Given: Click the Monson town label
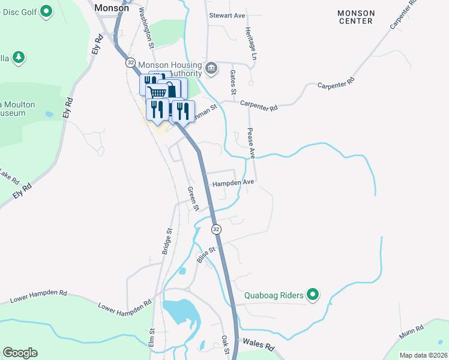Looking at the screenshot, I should click(x=112, y=8).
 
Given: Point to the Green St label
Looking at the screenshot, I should click(x=193, y=199).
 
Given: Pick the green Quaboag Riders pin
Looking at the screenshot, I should click(x=312, y=295).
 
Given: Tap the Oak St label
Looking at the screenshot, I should click(x=224, y=344).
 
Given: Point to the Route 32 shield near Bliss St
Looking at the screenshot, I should click(x=216, y=230).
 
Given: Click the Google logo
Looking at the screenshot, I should click(x=20, y=352).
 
